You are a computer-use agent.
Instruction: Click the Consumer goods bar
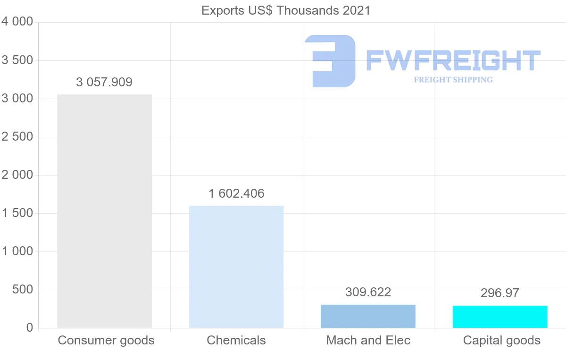[x=104, y=211]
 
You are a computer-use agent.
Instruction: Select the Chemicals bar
[x=236, y=267]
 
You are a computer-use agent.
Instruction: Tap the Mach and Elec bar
[x=368, y=316]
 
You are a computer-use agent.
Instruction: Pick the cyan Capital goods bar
[x=500, y=317]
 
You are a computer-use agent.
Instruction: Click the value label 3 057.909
[x=104, y=82]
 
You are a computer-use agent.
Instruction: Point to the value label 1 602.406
[x=236, y=193]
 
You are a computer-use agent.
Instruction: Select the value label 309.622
[x=368, y=293]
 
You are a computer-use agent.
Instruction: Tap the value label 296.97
[x=500, y=293]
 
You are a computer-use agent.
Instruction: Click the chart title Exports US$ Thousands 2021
[x=286, y=10]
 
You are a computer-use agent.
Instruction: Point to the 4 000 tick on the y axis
[x=17, y=22]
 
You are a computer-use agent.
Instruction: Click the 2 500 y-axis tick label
[x=17, y=137]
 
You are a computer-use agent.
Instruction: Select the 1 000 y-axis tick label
[x=17, y=251]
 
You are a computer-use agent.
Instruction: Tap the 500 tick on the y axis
[x=23, y=290]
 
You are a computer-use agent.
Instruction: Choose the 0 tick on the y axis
[x=30, y=328]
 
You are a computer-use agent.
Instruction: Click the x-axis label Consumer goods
[x=106, y=340]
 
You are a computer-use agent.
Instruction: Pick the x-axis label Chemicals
[x=236, y=340]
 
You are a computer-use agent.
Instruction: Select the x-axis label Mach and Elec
[x=368, y=340]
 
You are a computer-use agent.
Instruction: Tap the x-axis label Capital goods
[x=502, y=340]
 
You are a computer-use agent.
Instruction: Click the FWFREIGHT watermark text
[x=453, y=60]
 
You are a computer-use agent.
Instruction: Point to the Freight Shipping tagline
[x=453, y=80]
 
